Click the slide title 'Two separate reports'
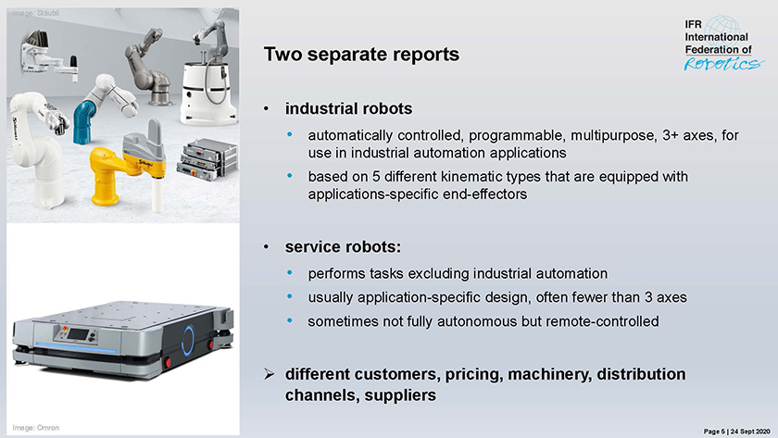point(361,54)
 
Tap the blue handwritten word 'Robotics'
point(723,64)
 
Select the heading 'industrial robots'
point(348,108)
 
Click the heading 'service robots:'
point(343,246)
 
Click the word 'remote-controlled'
point(602,321)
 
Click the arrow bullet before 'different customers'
point(270,373)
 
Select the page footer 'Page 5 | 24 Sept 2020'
point(737,432)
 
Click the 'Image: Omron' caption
point(36,428)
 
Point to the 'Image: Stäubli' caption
point(36,13)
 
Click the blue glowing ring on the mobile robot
point(187,341)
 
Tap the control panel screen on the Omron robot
point(78,333)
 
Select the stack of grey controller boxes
point(207,158)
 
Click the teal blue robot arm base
point(84,122)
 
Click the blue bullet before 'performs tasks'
point(290,273)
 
